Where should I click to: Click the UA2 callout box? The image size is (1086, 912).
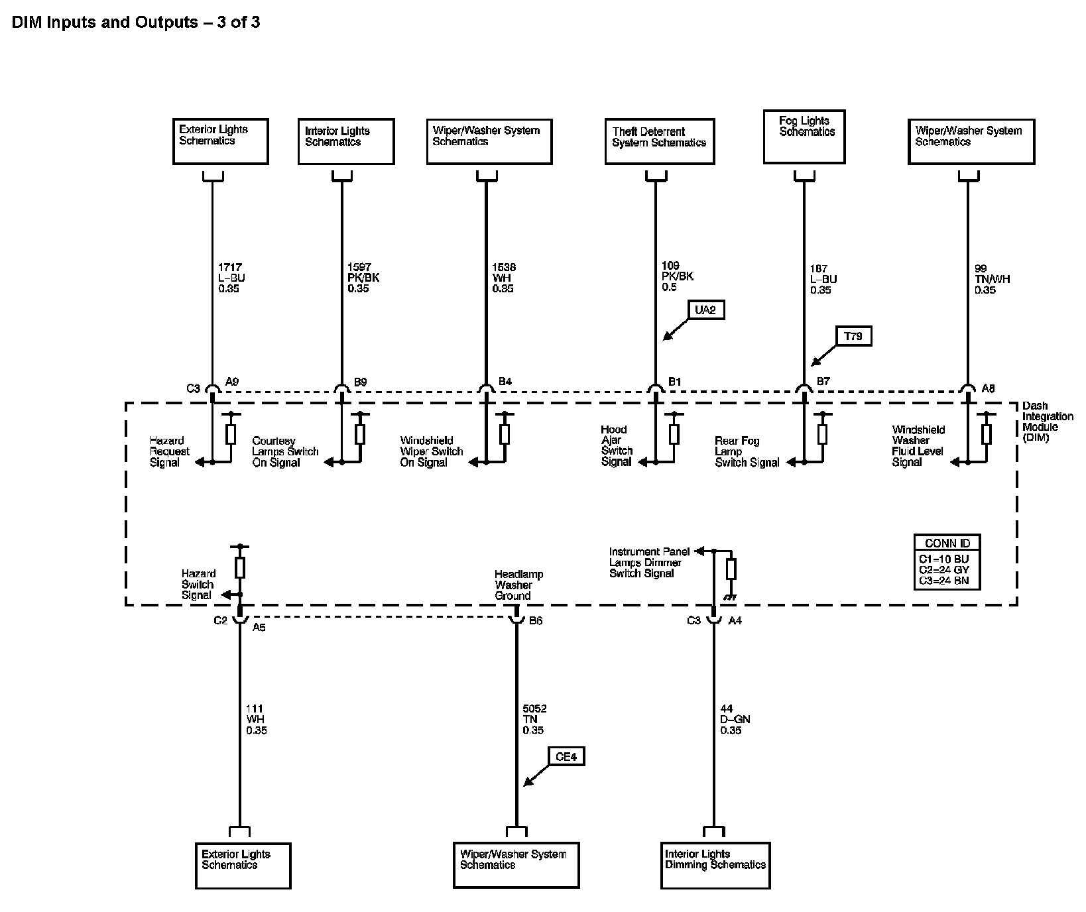pos(705,310)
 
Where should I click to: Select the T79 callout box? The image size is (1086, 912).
pos(853,337)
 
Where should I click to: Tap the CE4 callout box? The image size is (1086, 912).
pos(566,756)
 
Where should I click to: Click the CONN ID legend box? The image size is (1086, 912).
pos(947,561)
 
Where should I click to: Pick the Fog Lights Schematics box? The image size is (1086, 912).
pos(804,137)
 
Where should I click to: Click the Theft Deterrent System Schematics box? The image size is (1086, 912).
pos(660,141)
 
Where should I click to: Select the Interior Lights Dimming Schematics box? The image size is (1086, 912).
pos(715,865)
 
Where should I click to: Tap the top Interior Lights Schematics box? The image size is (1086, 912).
pos(346,141)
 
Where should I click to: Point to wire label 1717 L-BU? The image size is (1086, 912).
pos(231,278)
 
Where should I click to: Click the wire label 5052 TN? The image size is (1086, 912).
pos(534,719)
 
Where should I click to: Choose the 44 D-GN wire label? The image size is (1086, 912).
pos(735,719)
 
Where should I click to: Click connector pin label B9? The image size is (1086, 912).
pos(360,382)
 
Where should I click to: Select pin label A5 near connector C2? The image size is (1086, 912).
pos(259,627)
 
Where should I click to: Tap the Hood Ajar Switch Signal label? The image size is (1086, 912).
pos(617,445)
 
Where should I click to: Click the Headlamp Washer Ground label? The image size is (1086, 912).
pos(513,585)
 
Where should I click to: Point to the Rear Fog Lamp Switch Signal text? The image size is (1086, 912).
pos(747,451)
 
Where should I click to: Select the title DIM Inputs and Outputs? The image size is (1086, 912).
pos(136,23)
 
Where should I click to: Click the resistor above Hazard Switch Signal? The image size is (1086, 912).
pos(240,568)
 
